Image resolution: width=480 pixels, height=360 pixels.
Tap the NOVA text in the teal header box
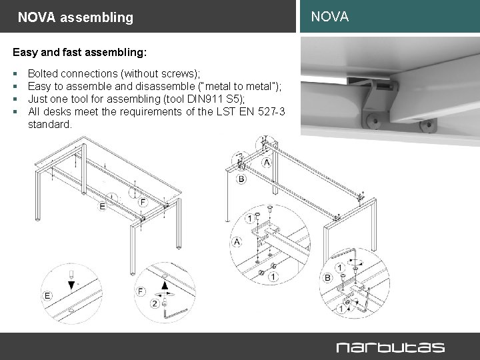click(x=329, y=17)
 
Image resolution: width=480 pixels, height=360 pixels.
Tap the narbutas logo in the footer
click(x=389, y=347)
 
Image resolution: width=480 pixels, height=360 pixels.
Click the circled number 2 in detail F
click(x=155, y=304)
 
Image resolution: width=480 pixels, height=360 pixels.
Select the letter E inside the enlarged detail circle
click(x=48, y=295)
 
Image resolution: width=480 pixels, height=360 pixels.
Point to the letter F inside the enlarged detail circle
click(x=141, y=291)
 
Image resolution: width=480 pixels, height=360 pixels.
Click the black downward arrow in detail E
click(x=71, y=285)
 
